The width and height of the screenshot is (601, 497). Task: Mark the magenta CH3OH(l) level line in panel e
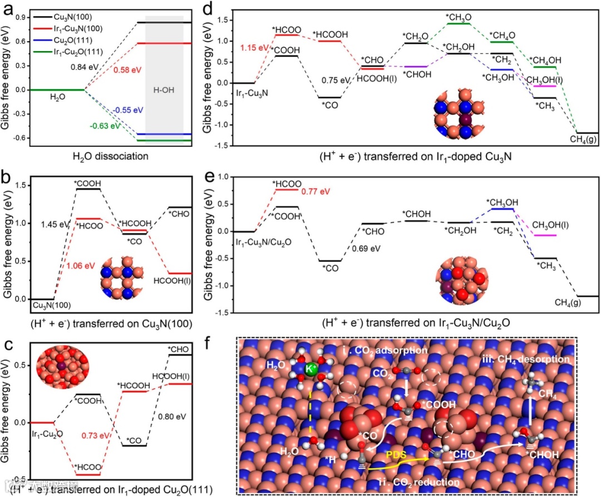pyautogui.click(x=544, y=235)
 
